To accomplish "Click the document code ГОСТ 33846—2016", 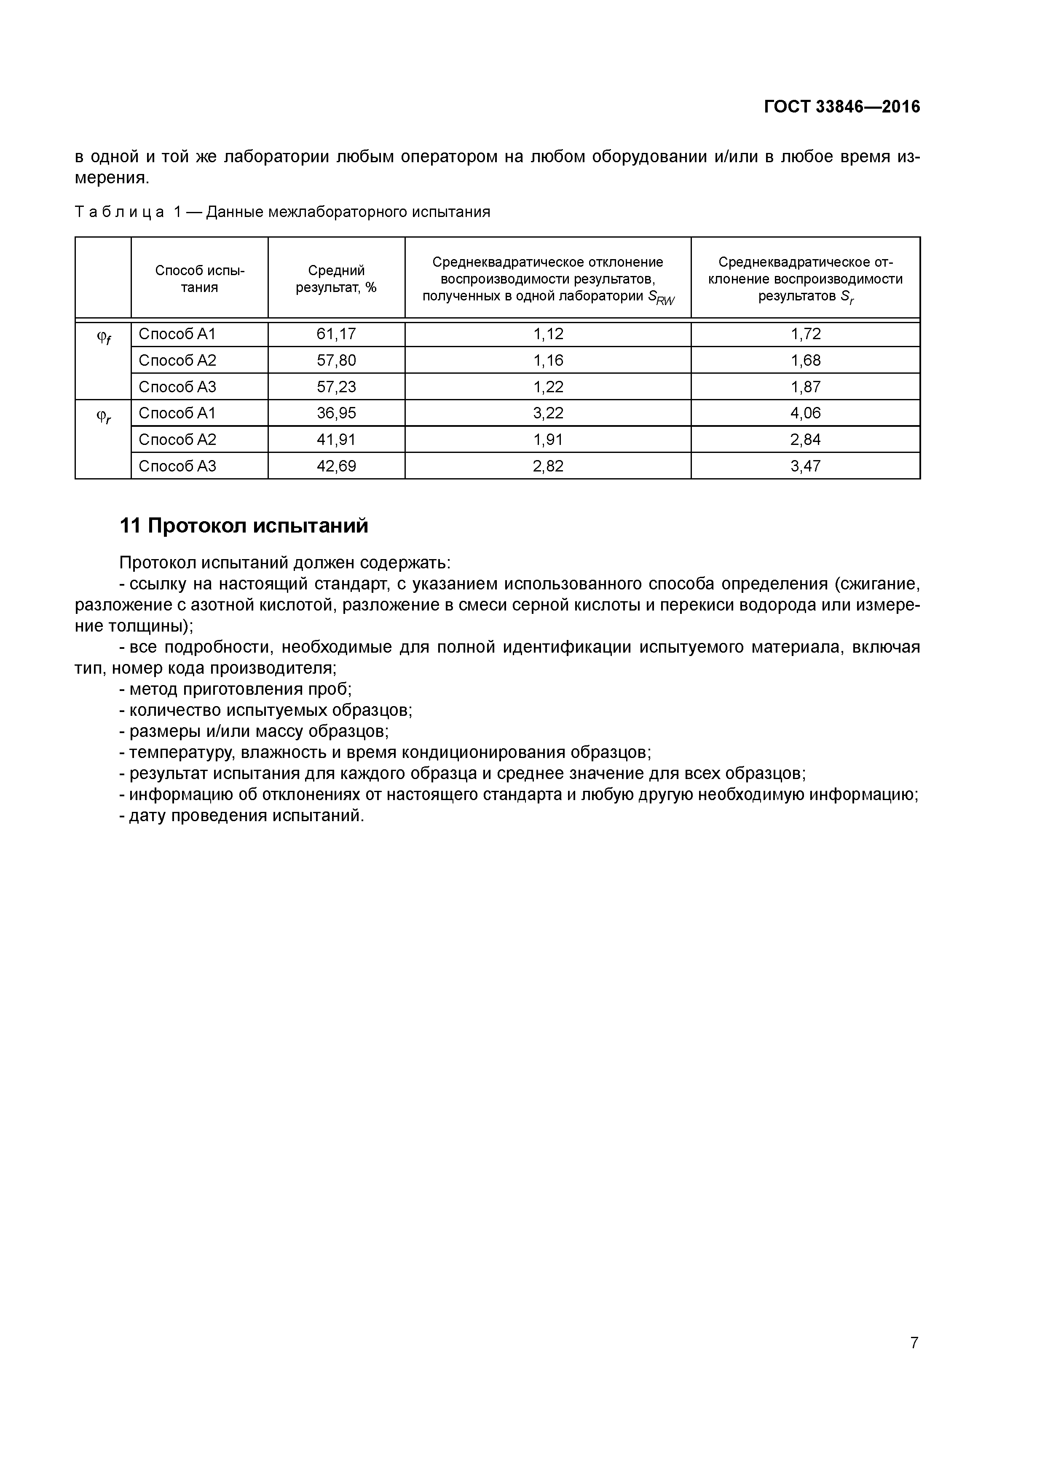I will pos(841,107).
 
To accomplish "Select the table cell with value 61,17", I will pos(336,334).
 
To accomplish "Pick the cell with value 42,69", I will pos(336,466).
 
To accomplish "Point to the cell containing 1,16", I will pos(548,361).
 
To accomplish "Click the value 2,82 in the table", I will pos(548,466).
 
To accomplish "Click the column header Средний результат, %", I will pos(336,279).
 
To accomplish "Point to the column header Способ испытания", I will pos(200,279).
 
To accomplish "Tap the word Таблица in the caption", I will pos(119,212).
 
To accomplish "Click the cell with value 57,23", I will pos(336,387).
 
